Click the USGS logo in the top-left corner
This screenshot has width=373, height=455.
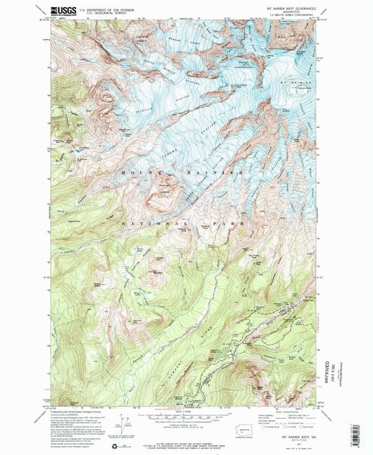tap(63, 11)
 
